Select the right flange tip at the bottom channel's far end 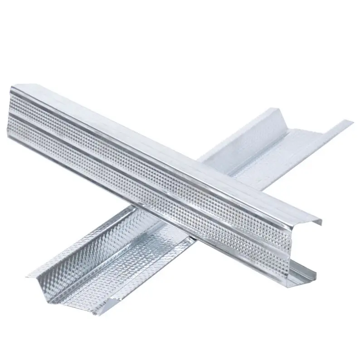(351, 122)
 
